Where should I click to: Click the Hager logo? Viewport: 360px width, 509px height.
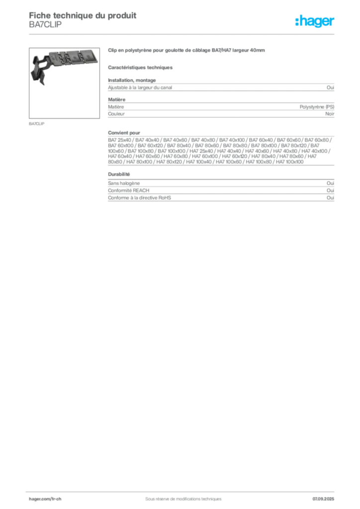tap(315, 21)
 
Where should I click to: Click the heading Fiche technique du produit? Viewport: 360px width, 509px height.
tap(83, 15)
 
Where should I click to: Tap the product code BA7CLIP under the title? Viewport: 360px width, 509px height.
tap(45, 25)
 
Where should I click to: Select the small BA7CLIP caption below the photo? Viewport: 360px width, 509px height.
tap(36, 124)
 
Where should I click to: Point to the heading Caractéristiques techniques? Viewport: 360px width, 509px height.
tap(140, 68)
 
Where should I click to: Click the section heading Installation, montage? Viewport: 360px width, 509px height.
tap(132, 80)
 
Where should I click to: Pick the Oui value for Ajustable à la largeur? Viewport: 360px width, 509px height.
tap(330, 87)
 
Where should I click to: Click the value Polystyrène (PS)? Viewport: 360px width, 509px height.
tap(317, 107)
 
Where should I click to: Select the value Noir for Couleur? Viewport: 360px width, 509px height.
tap(330, 114)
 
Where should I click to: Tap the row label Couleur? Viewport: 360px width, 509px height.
tap(116, 114)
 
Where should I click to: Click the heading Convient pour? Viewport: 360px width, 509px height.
tap(124, 133)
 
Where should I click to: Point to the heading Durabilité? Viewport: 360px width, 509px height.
tap(119, 174)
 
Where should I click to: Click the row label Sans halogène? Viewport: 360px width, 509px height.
tap(124, 183)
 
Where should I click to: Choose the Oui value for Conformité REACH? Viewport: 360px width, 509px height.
tap(330, 190)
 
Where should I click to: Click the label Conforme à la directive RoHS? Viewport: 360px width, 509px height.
tap(139, 198)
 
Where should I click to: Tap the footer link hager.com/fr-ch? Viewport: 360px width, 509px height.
tap(45, 499)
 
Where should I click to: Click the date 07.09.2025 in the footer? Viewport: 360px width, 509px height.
tap(323, 499)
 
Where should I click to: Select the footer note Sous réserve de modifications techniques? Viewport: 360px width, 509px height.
tap(183, 499)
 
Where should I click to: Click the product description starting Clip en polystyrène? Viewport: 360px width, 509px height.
tap(186, 50)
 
